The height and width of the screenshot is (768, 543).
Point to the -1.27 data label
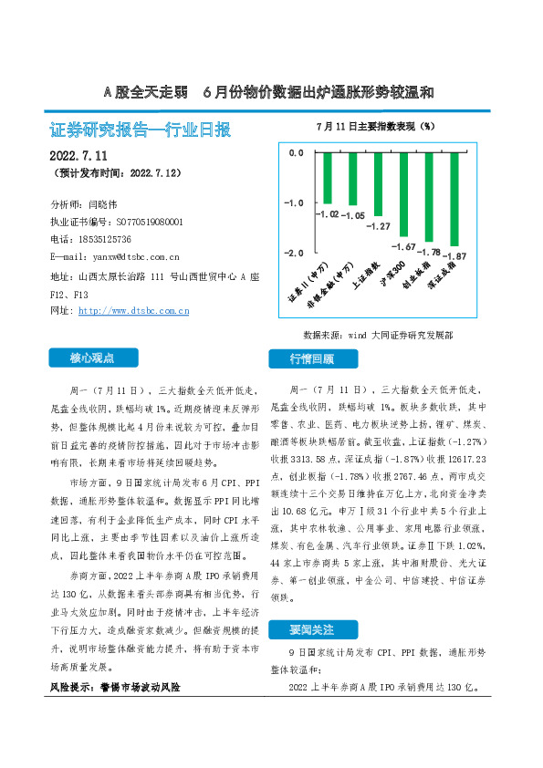click(378, 226)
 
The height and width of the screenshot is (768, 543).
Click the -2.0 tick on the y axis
click(295, 252)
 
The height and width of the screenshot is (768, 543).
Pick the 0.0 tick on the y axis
click(295, 152)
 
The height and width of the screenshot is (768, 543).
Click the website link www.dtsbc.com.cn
click(133, 311)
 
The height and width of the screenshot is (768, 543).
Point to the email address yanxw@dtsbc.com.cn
click(129, 257)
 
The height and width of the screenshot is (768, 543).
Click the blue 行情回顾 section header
click(313, 358)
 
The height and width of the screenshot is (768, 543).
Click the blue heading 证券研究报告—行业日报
click(140, 130)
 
